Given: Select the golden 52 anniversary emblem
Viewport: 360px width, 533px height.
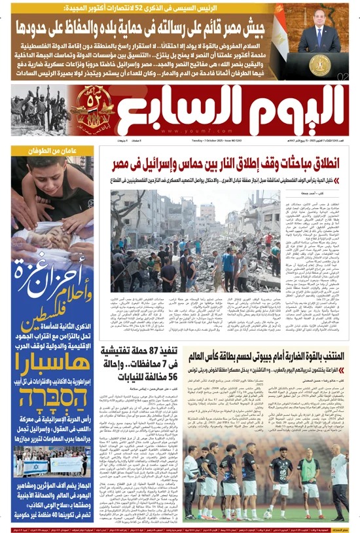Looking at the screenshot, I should tap(93, 104).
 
